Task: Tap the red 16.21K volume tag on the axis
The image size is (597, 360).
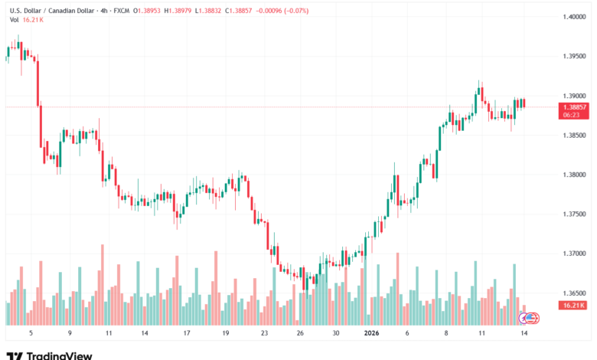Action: (573, 305)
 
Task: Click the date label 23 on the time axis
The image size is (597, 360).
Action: (264, 333)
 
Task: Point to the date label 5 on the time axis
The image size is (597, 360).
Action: (31, 333)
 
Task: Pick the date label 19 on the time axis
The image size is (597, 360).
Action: (226, 333)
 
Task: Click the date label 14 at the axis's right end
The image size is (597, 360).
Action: (524, 333)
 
